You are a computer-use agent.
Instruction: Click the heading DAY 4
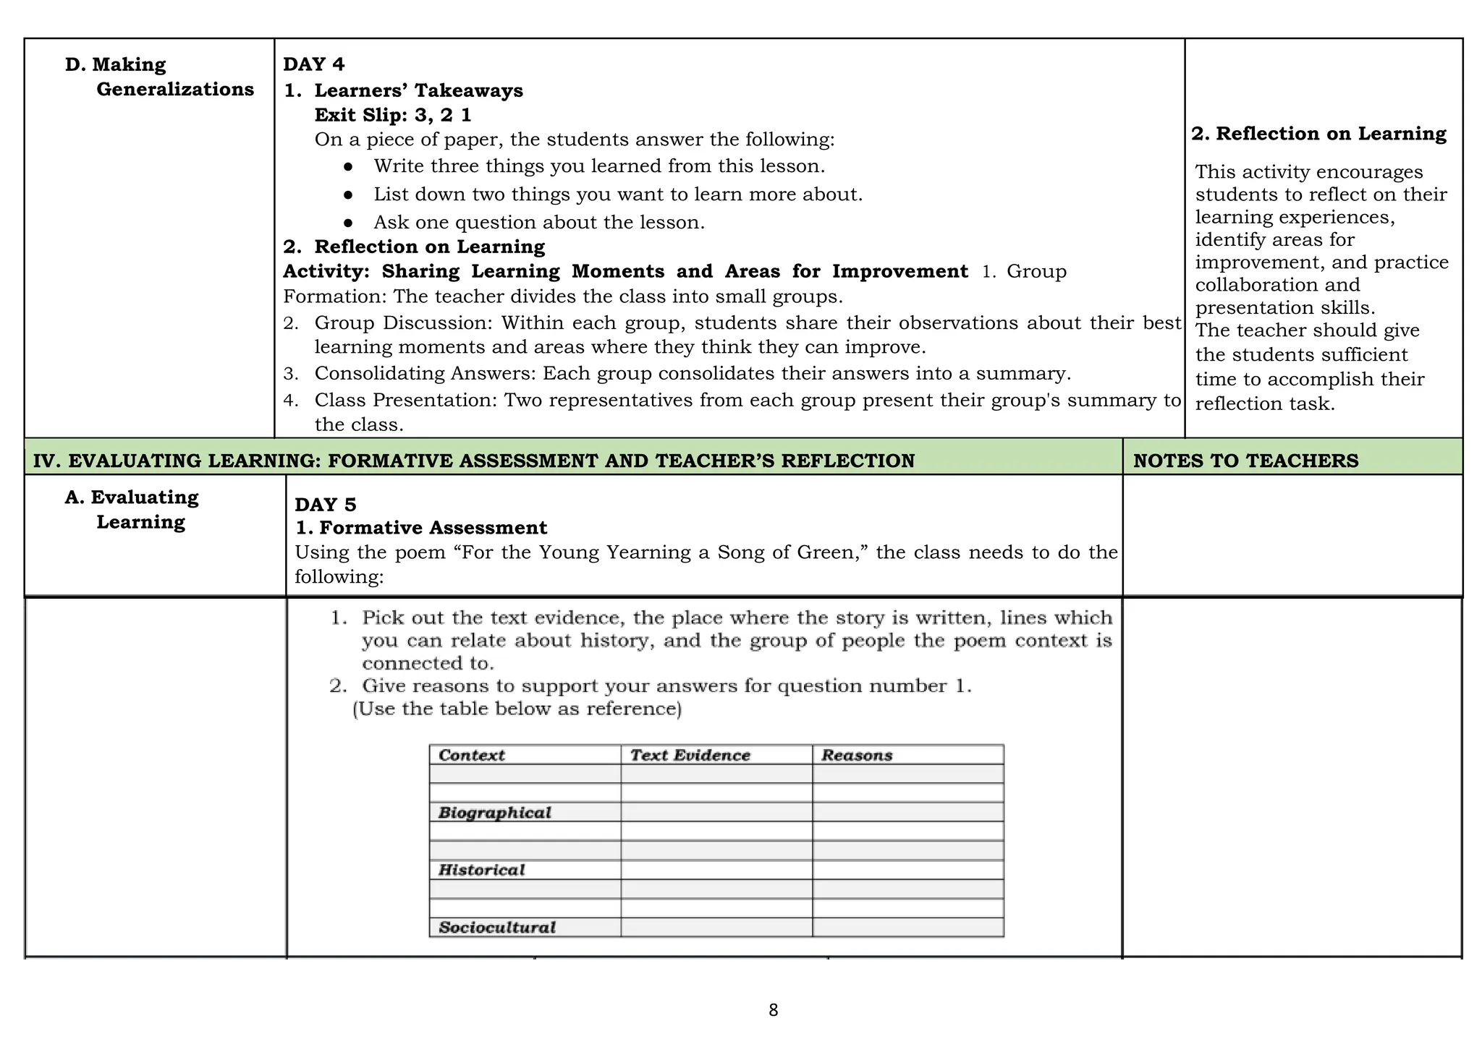coord(313,64)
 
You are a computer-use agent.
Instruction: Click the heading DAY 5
coord(325,504)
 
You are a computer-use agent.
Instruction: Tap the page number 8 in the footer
coord(773,1010)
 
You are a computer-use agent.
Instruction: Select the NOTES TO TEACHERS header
coord(1245,461)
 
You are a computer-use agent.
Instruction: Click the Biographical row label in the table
coord(494,813)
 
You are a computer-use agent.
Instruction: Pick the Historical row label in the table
coord(481,870)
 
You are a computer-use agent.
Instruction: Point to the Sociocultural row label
coord(496,927)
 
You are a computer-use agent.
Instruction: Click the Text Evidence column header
coord(690,755)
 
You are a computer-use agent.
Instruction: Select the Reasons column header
coord(857,755)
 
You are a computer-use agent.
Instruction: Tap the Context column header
coord(471,755)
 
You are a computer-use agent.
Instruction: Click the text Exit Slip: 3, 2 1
coord(393,115)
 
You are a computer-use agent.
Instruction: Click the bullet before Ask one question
coord(348,223)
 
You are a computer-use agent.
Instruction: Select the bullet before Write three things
coord(348,166)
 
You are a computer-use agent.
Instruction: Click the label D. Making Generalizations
coord(159,77)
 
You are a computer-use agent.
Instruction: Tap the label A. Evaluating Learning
coord(132,509)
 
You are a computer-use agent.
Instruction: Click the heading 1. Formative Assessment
coord(421,528)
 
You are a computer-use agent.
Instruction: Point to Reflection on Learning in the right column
coord(1318,134)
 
